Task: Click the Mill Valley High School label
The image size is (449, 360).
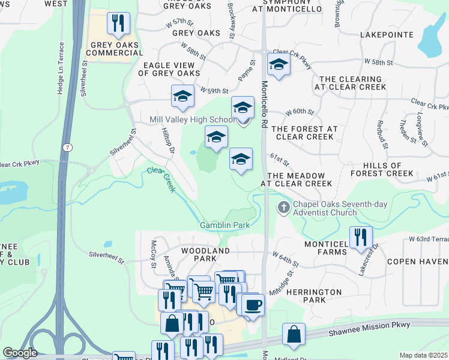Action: click(x=191, y=120)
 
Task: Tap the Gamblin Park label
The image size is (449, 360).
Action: click(x=224, y=226)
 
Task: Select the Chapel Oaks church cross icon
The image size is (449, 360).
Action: click(x=283, y=208)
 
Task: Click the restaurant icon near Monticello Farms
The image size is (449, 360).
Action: click(x=360, y=236)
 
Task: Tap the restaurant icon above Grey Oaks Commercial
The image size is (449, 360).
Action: click(x=118, y=23)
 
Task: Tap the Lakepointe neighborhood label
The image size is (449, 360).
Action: click(x=387, y=35)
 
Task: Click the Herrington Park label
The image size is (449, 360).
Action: click(x=314, y=296)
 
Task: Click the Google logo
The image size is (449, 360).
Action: click(x=20, y=353)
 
